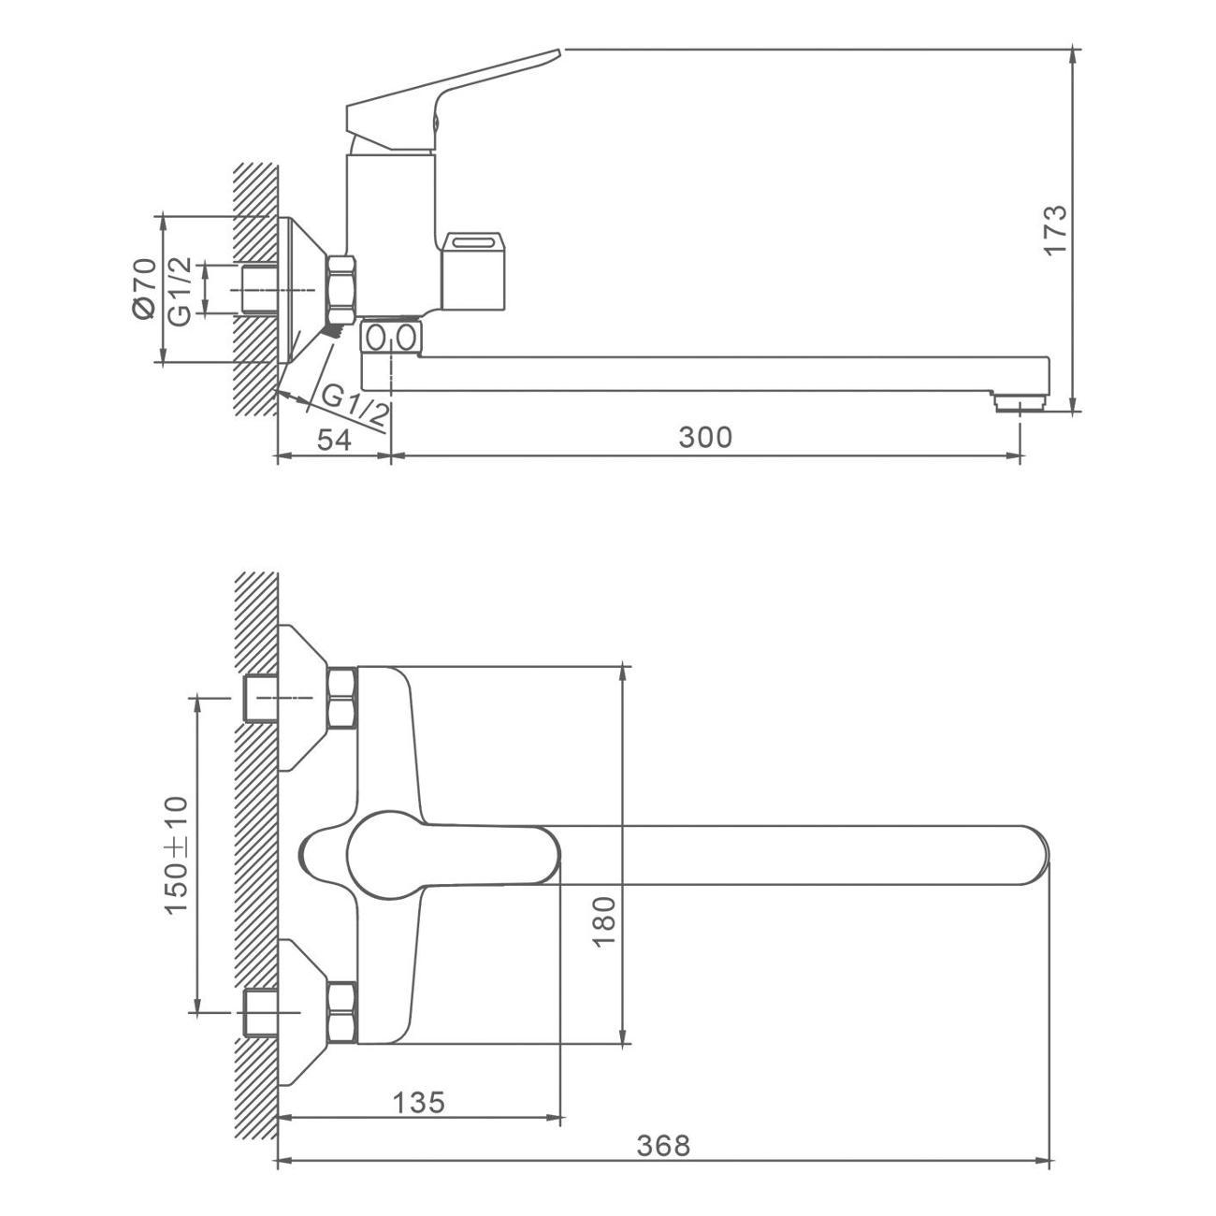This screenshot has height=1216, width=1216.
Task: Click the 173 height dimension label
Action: (1054, 229)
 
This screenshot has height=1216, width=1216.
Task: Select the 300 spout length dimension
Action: (706, 437)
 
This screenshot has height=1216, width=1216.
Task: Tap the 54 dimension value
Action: (334, 440)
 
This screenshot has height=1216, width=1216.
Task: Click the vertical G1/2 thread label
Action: (180, 290)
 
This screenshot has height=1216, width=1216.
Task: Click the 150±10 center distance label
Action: (177, 855)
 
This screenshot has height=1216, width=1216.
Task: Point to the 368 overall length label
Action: (663, 1146)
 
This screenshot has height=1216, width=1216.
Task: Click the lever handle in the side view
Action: (449, 98)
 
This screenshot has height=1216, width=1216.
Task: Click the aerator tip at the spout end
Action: (1020, 403)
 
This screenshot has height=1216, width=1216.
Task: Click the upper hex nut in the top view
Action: (342, 699)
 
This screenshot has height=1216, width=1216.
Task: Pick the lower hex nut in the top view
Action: (342, 1013)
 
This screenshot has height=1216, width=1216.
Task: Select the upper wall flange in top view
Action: (301, 698)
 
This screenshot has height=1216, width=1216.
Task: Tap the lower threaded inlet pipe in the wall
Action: (260, 1013)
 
